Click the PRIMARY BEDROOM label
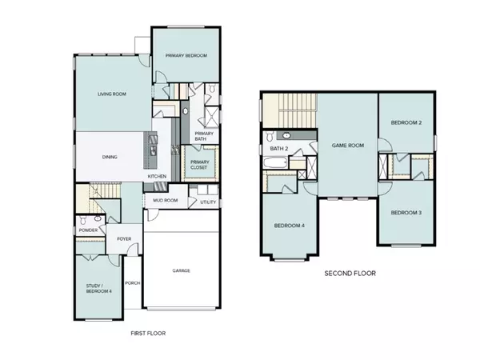[x=186, y=55]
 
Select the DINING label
[x=111, y=157]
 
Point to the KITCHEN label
[x=157, y=176]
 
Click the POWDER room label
[x=88, y=230]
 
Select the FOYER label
[x=124, y=238]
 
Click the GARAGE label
[x=182, y=270]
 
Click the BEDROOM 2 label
[x=406, y=123]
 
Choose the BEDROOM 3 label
[x=406, y=213]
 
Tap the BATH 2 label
[x=278, y=149]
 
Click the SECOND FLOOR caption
[x=350, y=274]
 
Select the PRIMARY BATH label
[x=204, y=136]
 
